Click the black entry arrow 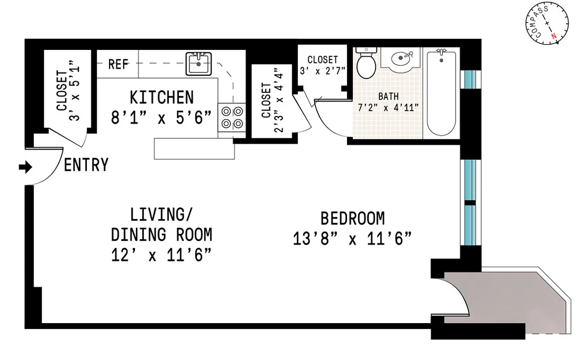pyautogui.click(x=25, y=167)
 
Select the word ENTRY pyautogui.click(x=86, y=165)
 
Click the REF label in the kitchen pyautogui.click(x=118, y=64)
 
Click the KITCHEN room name pyautogui.click(x=162, y=97)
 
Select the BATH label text pyautogui.click(x=388, y=96)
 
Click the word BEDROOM pyautogui.click(x=352, y=219)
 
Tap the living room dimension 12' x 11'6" pyautogui.click(x=161, y=255)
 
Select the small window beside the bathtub pyautogui.click(x=470, y=80)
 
